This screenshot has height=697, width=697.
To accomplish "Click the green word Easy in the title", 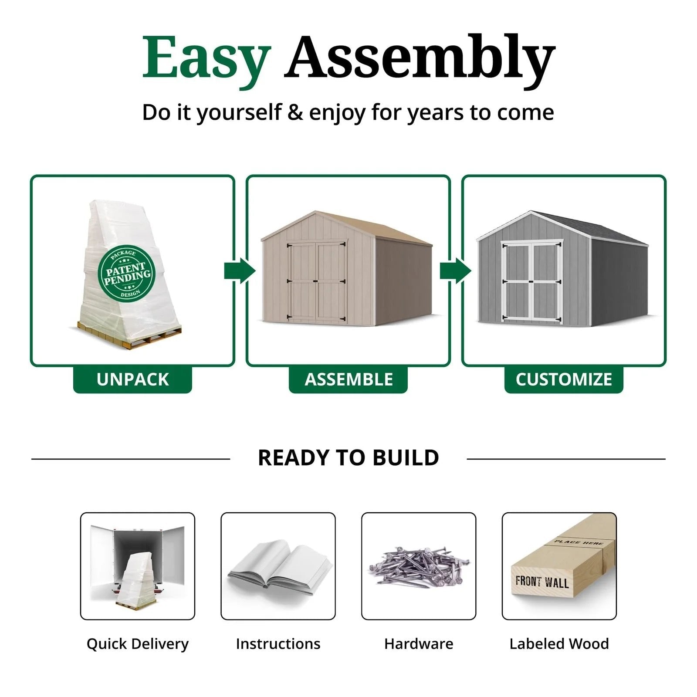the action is [207, 61].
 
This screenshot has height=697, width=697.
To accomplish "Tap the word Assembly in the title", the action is [420, 61].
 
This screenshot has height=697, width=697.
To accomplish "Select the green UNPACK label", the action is [132, 379].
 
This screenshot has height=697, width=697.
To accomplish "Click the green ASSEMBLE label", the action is [348, 379].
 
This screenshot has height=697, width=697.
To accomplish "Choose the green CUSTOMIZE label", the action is [564, 379].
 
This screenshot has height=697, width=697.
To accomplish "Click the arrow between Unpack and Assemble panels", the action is [240, 271].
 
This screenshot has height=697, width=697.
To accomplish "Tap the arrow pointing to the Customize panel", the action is [456, 271].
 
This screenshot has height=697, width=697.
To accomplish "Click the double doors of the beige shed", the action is [317, 281].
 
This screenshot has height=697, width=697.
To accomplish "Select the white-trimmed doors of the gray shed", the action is [531, 281].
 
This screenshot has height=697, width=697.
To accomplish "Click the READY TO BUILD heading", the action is [348, 458].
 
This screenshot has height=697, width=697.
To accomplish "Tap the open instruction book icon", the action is [279, 567].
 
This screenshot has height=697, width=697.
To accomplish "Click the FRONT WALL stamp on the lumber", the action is [542, 582].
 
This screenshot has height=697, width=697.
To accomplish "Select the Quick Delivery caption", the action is [138, 644].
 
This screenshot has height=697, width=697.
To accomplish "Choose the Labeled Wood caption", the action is [559, 644].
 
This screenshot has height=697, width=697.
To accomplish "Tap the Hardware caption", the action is [419, 644].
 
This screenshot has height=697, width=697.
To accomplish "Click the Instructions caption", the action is [278, 644].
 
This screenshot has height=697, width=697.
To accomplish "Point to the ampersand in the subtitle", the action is [295, 112].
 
